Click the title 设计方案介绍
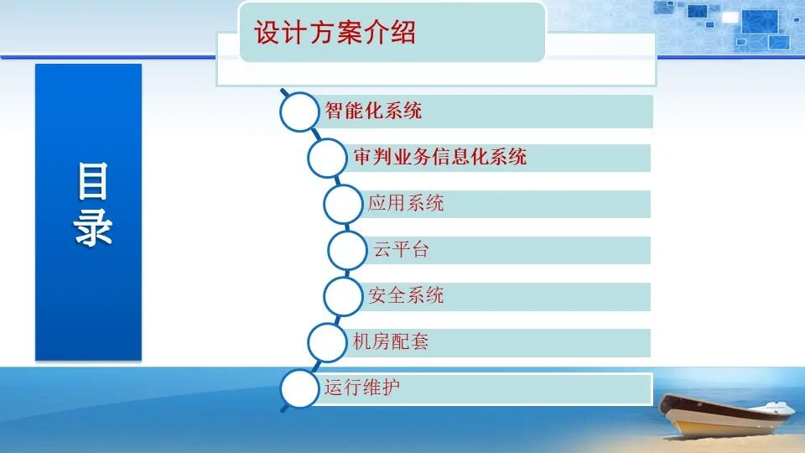click(335, 34)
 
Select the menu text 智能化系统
click(373, 110)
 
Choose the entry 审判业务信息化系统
click(440, 157)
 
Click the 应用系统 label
click(406, 203)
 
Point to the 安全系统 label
click(406, 295)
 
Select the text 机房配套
click(391, 341)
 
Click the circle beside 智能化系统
click(300, 112)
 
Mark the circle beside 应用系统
click(344, 204)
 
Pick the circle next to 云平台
click(348, 250)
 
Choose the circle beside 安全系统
click(343, 296)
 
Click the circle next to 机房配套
click(328, 342)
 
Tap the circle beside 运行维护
click(300, 388)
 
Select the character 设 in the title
click(266, 34)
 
